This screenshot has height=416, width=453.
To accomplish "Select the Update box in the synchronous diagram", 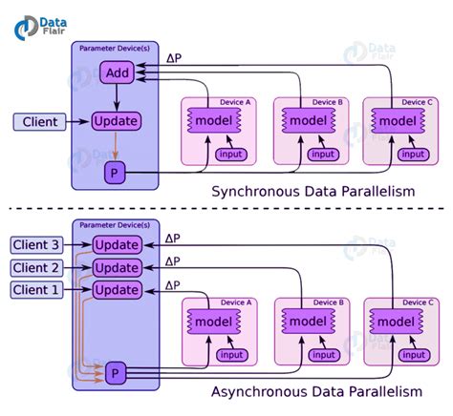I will (116, 121).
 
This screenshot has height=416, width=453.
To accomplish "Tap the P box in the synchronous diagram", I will (114, 173).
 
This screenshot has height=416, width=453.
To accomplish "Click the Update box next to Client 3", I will (116, 246).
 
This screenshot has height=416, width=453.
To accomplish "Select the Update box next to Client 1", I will (116, 289).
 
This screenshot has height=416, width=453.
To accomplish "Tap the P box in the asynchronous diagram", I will (116, 371).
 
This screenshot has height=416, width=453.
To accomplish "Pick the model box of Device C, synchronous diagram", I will (399, 121).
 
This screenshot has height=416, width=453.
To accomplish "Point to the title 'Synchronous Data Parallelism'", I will (313, 191).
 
